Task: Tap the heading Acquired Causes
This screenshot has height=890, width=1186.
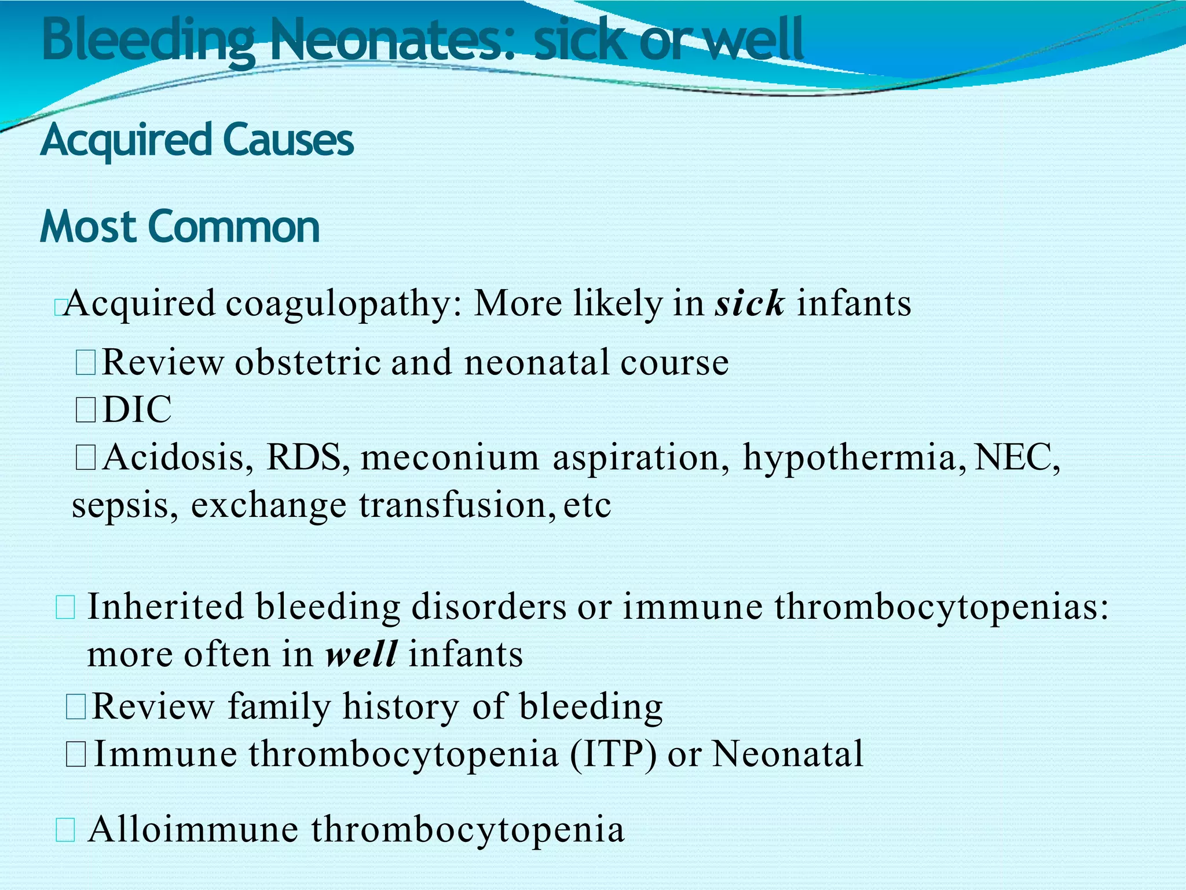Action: pos(197,140)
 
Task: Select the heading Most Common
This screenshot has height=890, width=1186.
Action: pos(180,227)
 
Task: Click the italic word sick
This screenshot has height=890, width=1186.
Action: pos(749,303)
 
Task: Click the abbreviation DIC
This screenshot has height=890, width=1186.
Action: pos(137,410)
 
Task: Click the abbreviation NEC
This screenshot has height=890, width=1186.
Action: pos(1017,457)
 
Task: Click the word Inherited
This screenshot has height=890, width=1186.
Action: pos(165,607)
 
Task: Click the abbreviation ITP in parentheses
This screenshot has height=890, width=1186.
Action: pos(613,754)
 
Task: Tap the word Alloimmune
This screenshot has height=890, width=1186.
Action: pos(193,829)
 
